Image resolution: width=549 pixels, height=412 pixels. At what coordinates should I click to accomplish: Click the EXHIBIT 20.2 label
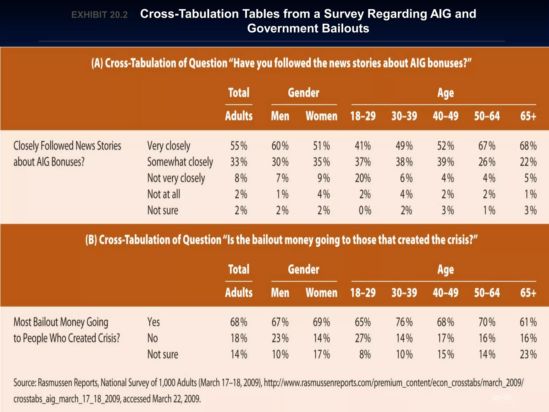pos(99,15)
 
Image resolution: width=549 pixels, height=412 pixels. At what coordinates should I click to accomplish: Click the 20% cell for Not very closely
pos(363,178)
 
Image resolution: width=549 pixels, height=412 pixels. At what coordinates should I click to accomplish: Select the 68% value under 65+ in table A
pos(528,146)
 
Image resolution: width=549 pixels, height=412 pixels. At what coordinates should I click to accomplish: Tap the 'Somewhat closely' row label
pos(180,162)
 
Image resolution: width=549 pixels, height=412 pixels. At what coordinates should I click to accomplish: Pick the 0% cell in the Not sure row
pos(365,210)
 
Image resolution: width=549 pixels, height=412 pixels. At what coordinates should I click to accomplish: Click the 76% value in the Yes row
pos(404,322)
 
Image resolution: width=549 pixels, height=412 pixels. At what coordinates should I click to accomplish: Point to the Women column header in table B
pos(321,293)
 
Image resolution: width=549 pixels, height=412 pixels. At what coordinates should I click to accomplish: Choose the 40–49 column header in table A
pos(445,116)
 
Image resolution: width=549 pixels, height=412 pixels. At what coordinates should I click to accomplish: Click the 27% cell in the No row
pos(363,338)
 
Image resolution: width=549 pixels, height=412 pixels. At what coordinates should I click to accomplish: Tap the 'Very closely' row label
pos(169,146)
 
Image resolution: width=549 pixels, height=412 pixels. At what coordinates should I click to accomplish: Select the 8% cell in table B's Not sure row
pos(365,354)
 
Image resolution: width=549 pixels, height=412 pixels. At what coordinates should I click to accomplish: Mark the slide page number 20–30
pos(502,397)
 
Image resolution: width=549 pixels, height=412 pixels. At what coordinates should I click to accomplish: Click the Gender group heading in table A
pos(303,93)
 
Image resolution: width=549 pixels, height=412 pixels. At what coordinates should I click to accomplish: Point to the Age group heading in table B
pos(445,270)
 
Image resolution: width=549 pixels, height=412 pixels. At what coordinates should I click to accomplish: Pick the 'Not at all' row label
pos(164,194)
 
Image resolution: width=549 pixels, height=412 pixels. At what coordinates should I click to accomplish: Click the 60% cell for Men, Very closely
pos(280,146)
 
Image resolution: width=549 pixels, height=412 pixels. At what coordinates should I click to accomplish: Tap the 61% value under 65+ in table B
pos(528,322)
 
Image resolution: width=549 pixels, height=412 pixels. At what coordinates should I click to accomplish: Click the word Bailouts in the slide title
pos(345,28)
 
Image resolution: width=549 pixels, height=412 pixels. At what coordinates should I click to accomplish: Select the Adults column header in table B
pos(239,293)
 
